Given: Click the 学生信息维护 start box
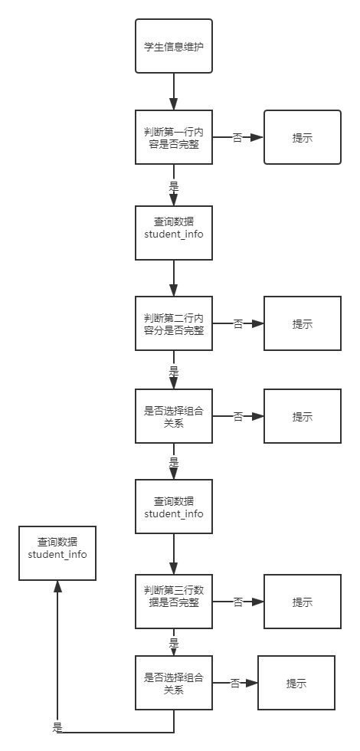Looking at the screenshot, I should (x=174, y=46).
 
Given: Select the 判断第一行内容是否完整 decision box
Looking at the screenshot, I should (x=174, y=137).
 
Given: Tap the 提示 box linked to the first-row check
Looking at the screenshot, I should (x=303, y=137).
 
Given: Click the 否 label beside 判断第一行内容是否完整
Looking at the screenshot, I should (x=237, y=137).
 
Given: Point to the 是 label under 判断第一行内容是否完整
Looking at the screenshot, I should (x=174, y=185).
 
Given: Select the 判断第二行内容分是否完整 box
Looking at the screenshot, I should (x=174, y=323).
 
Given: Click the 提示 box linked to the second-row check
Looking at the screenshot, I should (x=303, y=323).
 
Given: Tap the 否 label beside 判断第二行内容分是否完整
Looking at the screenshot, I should (x=237, y=323).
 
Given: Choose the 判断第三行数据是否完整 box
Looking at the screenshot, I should (x=174, y=602).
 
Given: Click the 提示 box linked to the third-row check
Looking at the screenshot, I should (x=303, y=602).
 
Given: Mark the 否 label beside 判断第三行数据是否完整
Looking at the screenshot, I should (x=237, y=602).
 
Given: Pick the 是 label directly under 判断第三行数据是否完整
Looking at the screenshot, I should (x=174, y=642).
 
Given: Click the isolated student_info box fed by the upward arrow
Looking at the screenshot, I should (x=57, y=553).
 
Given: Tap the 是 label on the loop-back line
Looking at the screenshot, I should (x=57, y=726).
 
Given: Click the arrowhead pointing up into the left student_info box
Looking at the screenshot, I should (x=57, y=585).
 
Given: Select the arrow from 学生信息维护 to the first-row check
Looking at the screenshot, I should (x=174, y=91).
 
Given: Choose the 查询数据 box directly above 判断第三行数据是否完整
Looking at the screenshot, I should (x=174, y=507).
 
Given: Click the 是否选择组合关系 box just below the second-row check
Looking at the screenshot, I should (x=174, y=416).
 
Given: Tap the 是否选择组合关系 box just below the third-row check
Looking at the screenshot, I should (x=174, y=683).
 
